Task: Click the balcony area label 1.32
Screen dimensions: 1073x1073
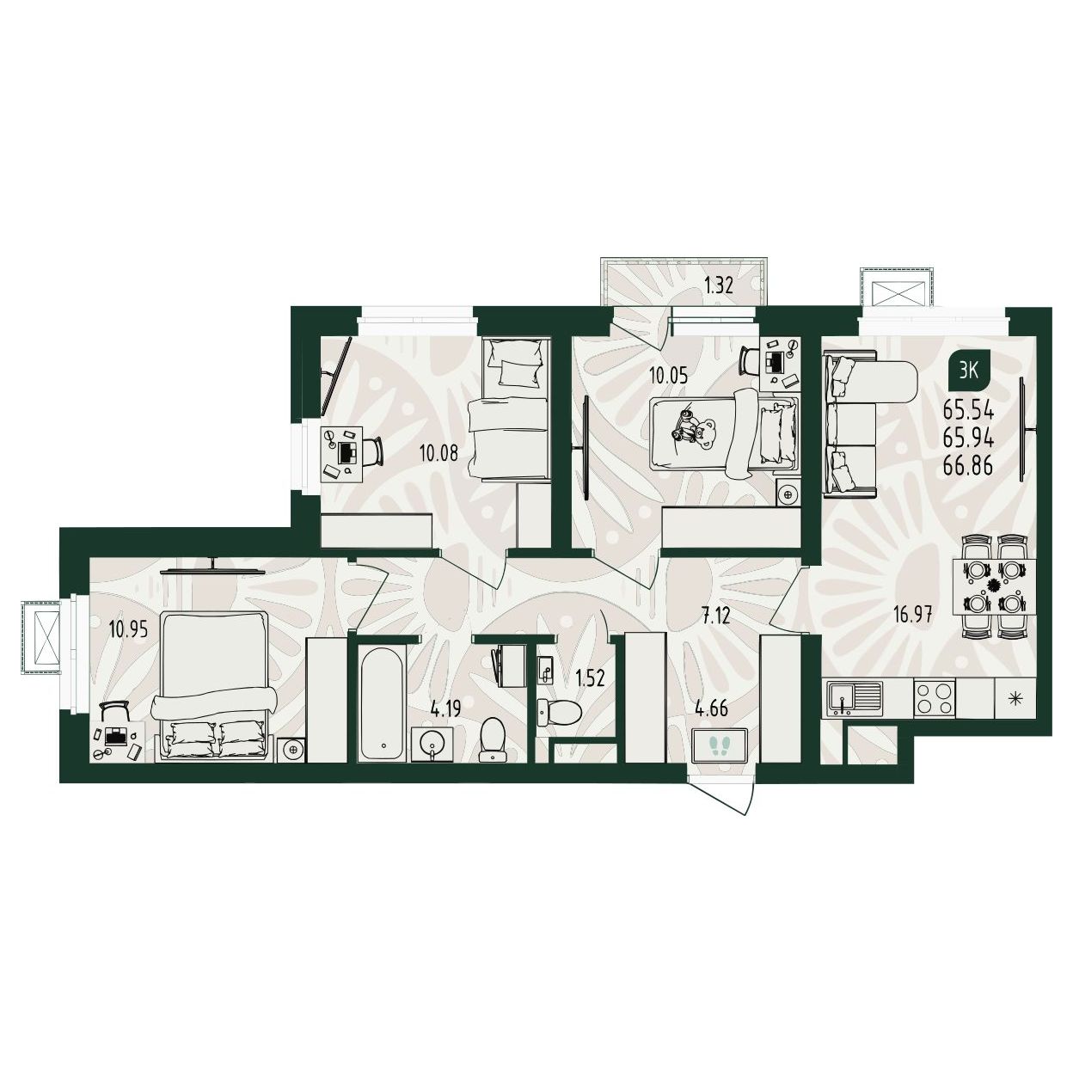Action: click(718, 286)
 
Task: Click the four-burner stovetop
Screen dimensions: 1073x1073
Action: click(935, 698)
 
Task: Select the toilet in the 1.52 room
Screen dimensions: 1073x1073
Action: click(559, 711)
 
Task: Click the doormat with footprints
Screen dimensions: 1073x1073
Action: click(720, 743)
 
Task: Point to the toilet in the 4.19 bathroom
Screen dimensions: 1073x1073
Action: click(493, 739)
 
